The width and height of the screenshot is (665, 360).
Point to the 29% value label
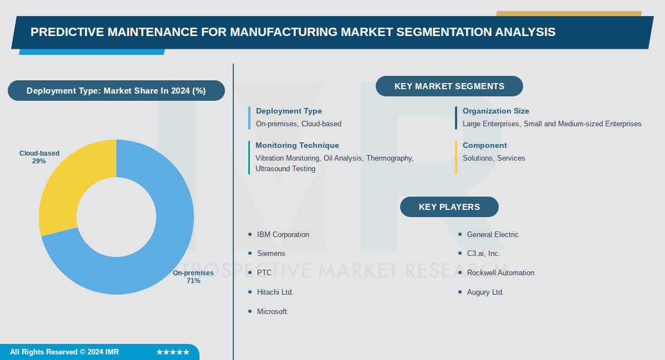point(39,161)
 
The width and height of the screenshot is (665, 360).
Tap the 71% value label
point(193,281)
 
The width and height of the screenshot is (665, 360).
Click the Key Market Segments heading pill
point(449,86)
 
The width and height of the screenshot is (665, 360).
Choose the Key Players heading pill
point(449,207)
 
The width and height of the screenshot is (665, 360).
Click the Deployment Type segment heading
point(289,111)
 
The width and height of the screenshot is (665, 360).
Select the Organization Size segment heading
point(495,111)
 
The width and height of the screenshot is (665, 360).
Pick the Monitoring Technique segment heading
point(297,146)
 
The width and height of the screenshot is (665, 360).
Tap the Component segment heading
point(484,146)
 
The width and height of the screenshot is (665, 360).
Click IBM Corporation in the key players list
point(283,235)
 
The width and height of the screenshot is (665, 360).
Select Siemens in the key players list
point(271,254)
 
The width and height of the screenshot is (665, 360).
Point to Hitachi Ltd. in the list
point(275,292)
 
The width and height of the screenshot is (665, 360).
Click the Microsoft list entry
point(272,312)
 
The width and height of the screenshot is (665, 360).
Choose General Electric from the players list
point(493,235)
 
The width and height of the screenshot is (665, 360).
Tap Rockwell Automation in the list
point(500,273)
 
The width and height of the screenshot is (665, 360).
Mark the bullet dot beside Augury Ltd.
point(460,292)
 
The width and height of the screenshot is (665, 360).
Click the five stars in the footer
point(172,352)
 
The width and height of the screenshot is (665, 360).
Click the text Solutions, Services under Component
point(494,158)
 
